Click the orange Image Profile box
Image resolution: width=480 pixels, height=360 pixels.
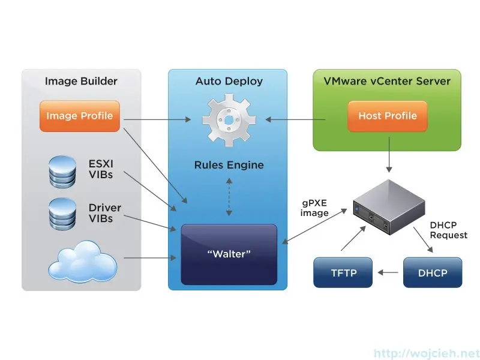pos(79,116)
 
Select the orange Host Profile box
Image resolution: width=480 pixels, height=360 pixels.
pos(387,116)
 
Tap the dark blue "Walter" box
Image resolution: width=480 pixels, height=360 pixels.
pos(229,254)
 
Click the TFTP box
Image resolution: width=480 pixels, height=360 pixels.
pos(343,272)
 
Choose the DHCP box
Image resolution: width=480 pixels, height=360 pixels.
pos(433,272)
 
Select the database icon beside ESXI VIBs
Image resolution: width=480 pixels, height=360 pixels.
pos(62,172)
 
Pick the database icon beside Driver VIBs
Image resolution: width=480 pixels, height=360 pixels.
pos(62,213)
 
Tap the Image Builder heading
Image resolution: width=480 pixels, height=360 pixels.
pos(81,81)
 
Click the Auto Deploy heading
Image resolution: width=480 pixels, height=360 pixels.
pos(229,81)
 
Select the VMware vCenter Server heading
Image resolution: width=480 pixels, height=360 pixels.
pos(387,81)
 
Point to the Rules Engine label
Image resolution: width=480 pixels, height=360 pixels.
pos(229,165)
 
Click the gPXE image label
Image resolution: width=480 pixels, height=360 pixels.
pos(314,208)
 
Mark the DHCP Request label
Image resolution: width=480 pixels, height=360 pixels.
pos(448,230)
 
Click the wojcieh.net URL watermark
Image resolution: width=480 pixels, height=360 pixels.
pos(426,353)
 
